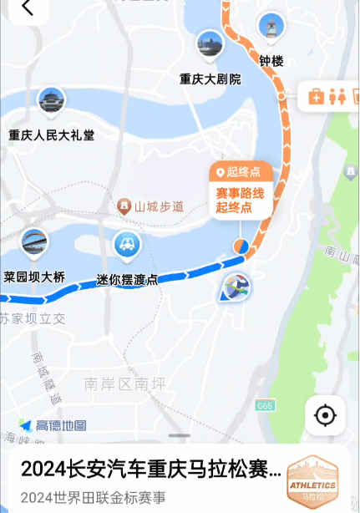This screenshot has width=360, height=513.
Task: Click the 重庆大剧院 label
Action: (x=210, y=79)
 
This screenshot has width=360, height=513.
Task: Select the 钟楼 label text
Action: (x=271, y=61)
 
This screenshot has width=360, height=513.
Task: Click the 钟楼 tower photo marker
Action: (x=271, y=27)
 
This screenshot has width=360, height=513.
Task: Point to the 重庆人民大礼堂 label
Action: (x=52, y=135)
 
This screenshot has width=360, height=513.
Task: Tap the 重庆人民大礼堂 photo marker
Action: (x=52, y=101)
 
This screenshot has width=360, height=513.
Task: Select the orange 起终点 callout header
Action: (x=240, y=172)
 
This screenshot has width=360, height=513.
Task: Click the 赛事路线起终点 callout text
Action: (x=240, y=200)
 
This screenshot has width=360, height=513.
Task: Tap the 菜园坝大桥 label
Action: (x=34, y=277)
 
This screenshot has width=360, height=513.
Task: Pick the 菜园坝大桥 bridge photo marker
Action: (x=34, y=242)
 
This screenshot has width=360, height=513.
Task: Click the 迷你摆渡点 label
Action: (x=127, y=280)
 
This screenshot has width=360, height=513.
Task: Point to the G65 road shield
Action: (x=265, y=406)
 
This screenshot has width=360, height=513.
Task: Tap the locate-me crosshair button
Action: (x=325, y=415)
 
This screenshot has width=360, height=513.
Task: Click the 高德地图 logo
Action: (x=53, y=426)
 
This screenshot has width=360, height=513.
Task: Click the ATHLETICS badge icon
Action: (x=312, y=484)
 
